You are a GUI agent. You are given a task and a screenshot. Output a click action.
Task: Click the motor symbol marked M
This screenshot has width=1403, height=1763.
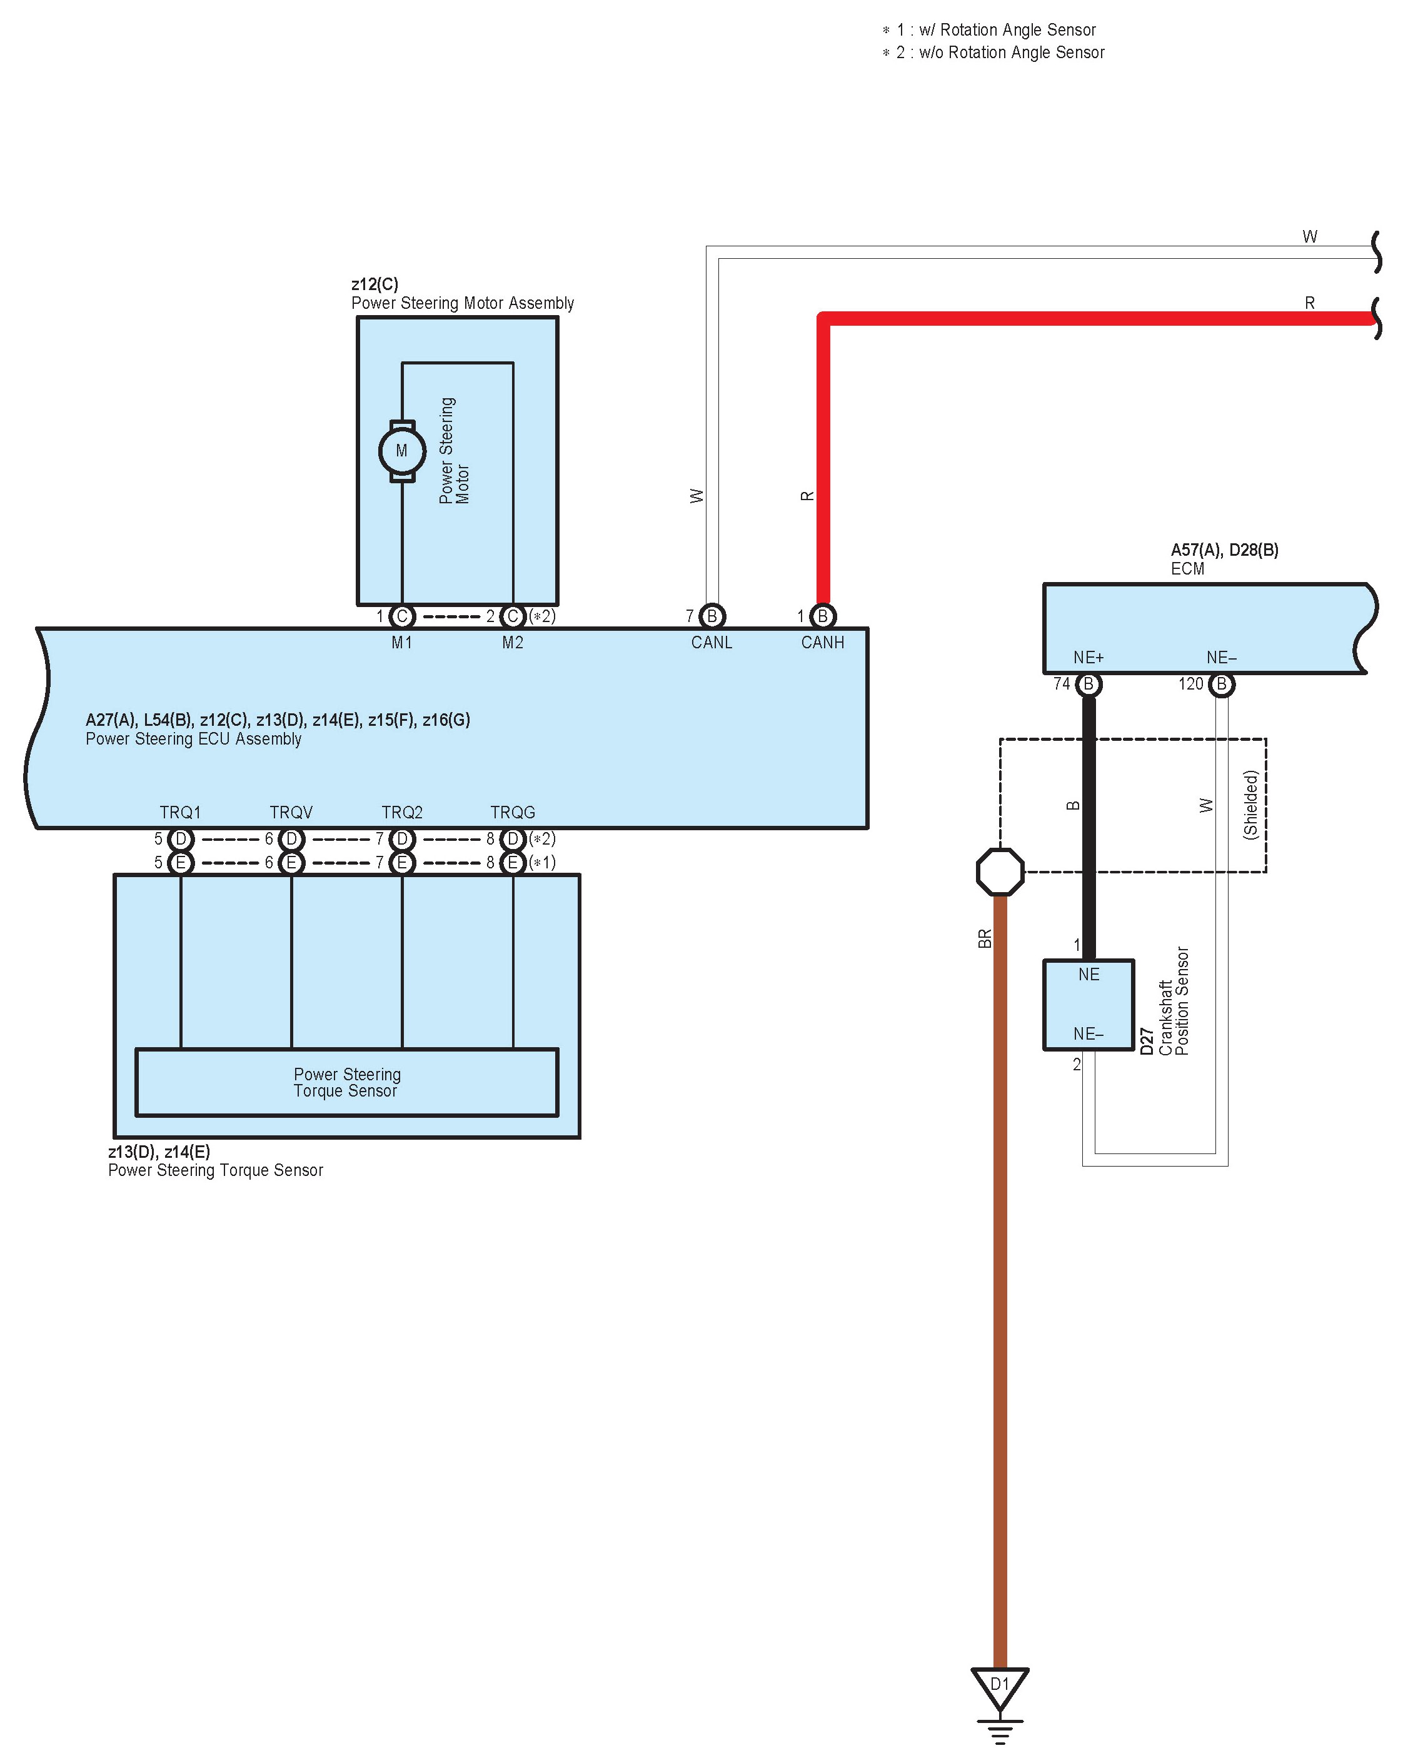(401, 451)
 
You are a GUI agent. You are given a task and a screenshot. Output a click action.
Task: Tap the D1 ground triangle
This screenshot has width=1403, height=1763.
(999, 1687)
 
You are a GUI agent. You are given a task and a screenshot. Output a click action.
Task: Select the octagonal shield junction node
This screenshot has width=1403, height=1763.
(1000, 871)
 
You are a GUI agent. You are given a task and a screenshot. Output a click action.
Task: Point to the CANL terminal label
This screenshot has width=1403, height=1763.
(712, 643)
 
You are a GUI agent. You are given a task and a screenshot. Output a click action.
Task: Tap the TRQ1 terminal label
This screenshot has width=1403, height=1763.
(180, 812)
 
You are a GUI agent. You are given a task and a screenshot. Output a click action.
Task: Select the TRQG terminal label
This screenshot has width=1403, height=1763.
(513, 812)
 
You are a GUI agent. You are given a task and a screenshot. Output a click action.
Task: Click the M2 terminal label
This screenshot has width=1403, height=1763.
(513, 643)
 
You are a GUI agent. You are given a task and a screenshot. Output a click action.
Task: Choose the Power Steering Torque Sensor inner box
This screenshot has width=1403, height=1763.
(346, 1082)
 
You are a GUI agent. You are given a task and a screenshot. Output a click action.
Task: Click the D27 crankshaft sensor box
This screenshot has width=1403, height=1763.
(1089, 1004)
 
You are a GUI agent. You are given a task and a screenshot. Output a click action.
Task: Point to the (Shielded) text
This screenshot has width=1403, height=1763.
(1250, 805)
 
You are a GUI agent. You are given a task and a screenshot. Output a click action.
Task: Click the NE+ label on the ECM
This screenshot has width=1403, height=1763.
(1089, 658)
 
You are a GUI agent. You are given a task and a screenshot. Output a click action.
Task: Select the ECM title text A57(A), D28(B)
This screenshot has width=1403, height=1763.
(1224, 550)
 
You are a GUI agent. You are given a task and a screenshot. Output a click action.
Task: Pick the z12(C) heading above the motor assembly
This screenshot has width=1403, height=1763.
(375, 284)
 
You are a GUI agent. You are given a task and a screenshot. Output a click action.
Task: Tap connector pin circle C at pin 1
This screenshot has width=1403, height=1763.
(401, 616)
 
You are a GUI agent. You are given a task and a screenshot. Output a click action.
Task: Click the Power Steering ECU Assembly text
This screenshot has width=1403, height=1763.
(194, 739)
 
